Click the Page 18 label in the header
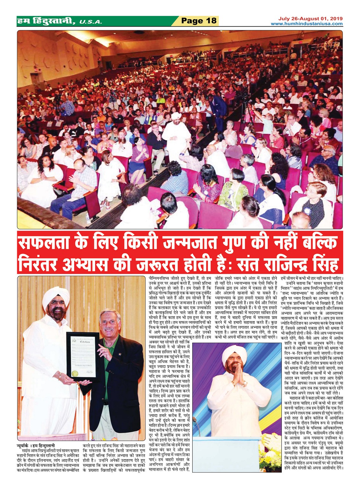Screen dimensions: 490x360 point(199,21)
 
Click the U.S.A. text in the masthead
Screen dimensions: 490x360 point(91,22)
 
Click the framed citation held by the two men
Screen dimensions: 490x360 point(82,356)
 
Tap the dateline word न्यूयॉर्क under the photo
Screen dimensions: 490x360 point(25,446)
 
